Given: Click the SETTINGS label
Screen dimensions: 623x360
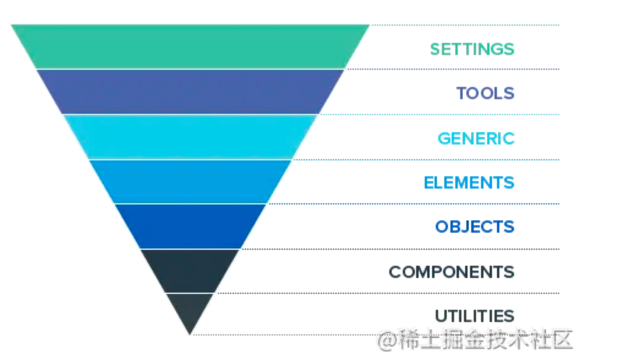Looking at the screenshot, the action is [472, 49].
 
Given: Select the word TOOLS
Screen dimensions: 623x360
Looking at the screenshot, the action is [485, 94].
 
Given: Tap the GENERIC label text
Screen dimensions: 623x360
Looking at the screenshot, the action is [476, 139].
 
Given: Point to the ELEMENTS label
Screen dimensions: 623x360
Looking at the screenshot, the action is [469, 183].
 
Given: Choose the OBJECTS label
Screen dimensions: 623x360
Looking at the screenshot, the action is [475, 227].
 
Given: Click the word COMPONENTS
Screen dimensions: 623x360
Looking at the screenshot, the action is [452, 272].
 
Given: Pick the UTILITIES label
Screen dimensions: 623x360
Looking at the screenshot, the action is [474, 317].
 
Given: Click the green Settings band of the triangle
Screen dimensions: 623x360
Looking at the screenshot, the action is [190, 47].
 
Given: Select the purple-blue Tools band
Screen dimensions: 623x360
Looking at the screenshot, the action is [190, 92].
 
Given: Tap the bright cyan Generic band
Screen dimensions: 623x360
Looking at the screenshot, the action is [190, 137].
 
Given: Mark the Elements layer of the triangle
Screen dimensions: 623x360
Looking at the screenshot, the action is [190, 182].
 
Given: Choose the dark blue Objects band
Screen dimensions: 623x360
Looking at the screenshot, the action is [190, 227].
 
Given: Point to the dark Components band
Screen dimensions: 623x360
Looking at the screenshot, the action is [190, 271].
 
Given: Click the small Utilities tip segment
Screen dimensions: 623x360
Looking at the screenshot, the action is [190, 310].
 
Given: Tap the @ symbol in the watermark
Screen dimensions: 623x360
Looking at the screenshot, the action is [386, 341].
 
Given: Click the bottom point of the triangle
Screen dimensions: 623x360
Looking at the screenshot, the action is [190, 334].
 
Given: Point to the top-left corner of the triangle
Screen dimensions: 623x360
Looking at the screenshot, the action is [12, 25].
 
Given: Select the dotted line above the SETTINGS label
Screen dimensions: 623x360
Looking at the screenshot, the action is [464, 25].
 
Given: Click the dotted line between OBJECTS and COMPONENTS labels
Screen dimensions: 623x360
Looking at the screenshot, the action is [400, 249].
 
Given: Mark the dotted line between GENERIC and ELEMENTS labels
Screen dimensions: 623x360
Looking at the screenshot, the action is [426, 160].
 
